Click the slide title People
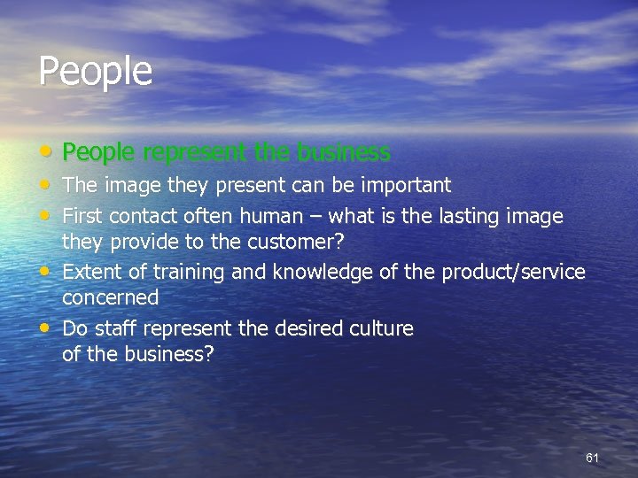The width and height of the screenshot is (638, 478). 96,71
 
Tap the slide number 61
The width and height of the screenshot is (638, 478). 593,458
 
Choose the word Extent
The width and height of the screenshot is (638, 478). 92,272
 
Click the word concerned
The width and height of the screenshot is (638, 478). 111,297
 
